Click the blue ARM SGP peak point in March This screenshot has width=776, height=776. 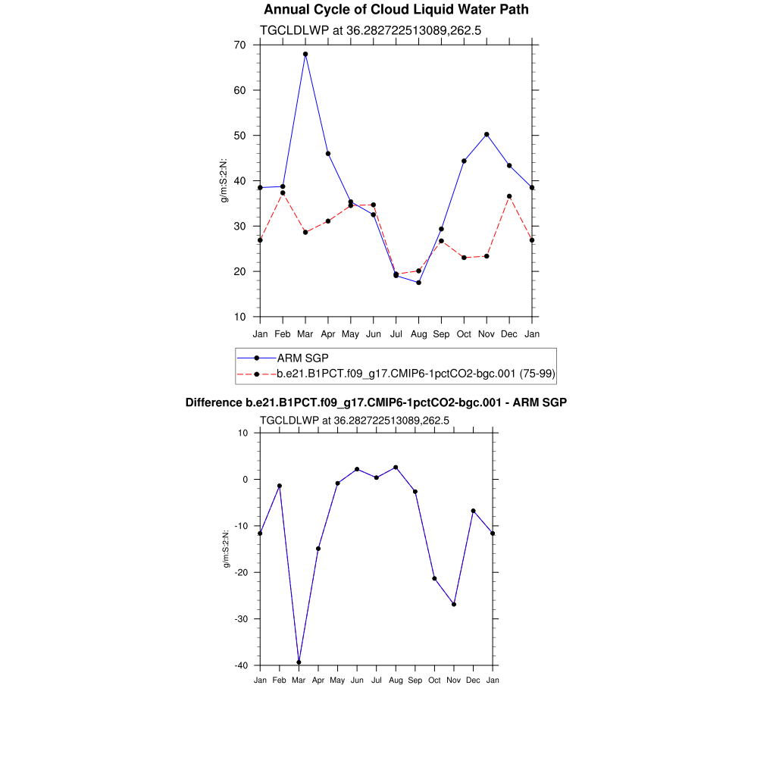point(305,54)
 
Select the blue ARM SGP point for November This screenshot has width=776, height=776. point(487,134)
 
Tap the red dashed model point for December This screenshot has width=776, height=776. point(509,196)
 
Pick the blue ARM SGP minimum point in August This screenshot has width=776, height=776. point(418,283)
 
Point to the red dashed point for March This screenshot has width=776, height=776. point(305,232)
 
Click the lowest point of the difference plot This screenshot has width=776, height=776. point(299,662)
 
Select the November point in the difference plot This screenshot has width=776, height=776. point(454,604)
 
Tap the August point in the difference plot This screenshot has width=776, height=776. point(396,468)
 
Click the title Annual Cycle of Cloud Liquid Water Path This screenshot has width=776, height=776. point(396,10)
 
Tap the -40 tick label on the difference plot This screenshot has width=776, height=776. point(240,665)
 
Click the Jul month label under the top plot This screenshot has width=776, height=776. point(396,333)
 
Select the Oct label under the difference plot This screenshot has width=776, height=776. point(434,680)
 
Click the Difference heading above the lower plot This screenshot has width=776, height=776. point(376,402)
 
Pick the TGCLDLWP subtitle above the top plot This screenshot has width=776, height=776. point(371,31)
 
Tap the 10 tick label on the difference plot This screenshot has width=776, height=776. point(243,433)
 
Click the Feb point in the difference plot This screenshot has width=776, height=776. point(280,486)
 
